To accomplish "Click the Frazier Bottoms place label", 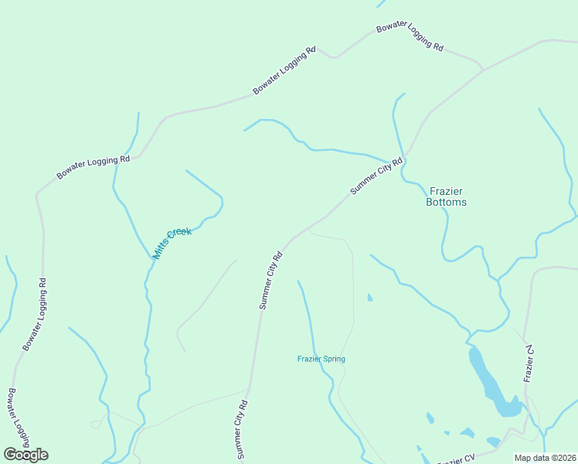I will pyautogui.click(x=446, y=196).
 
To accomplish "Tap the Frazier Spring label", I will pyautogui.click(x=321, y=359).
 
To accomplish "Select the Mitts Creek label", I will pyautogui.click(x=172, y=243).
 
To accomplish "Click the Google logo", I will pyautogui.click(x=25, y=455).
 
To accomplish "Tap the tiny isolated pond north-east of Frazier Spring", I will pyautogui.click(x=369, y=297).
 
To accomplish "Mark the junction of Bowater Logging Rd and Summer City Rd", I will pyautogui.click(x=484, y=70).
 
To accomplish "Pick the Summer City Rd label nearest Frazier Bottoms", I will pyautogui.click(x=376, y=176).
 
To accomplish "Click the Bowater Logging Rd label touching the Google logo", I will pyautogui.click(x=16, y=418).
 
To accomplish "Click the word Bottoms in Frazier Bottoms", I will pyautogui.click(x=446, y=203).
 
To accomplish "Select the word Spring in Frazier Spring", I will pyautogui.click(x=334, y=359).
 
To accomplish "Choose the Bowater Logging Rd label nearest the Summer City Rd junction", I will pyautogui.click(x=410, y=37).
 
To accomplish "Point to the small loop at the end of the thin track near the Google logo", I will pyautogui.click(x=96, y=424).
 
